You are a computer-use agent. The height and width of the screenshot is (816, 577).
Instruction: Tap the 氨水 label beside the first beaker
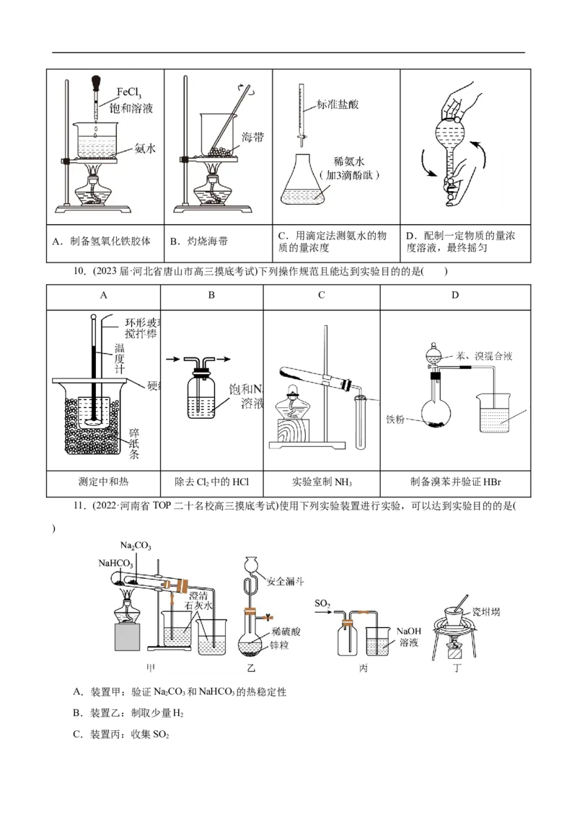click(x=145, y=149)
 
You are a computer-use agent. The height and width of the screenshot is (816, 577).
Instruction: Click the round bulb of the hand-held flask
click(x=453, y=136)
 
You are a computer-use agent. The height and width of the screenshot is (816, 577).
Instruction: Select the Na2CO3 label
click(x=136, y=546)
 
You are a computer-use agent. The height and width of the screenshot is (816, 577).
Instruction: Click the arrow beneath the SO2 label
click(x=324, y=613)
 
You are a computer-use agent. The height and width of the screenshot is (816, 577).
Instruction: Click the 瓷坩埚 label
click(x=477, y=612)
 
